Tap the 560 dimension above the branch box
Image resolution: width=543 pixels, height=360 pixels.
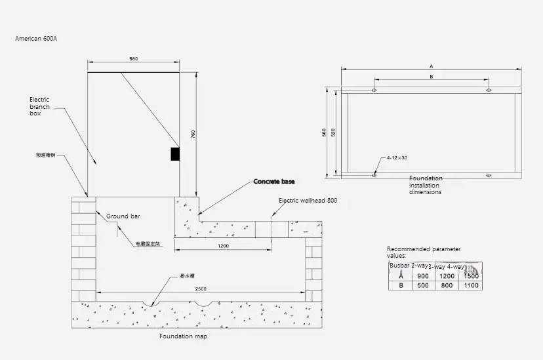[x=133, y=60]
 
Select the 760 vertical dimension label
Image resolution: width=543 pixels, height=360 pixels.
[x=193, y=134]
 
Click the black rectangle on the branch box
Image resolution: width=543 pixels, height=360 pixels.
[x=175, y=153]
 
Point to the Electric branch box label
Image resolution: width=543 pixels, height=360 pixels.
[x=39, y=106]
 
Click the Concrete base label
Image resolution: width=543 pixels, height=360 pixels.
[x=274, y=181]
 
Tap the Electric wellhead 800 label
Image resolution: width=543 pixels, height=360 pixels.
[x=308, y=201]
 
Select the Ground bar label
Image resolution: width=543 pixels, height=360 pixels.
[x=123, y=216]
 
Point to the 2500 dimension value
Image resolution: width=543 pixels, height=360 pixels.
[x=201, y=289]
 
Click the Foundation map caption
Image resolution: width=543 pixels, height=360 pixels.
[x=183, y=336]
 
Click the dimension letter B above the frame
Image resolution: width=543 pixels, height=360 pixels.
[x=430, y=77]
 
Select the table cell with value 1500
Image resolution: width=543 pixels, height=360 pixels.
[x=470, y=276]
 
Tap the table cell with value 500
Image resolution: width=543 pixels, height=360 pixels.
[x=423, y=286]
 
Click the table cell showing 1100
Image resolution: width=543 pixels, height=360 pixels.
[x=470, y=286]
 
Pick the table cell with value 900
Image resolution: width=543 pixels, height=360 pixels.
[x=423, y=276]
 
